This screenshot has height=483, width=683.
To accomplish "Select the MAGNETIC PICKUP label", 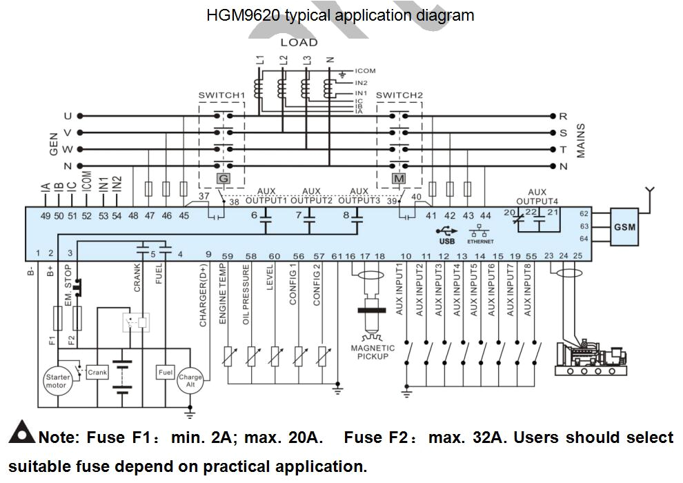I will click(x=373, y=352).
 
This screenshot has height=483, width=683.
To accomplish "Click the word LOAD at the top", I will click(x=299, y=43).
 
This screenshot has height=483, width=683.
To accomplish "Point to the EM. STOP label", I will click(x=68, y=295).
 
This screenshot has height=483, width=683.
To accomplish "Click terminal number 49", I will click(x=46, y=216).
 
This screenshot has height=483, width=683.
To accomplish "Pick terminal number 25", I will click(x=578, y=256).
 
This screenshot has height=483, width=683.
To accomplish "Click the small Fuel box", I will click(x=166, y=373).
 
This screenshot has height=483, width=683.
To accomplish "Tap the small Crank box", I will click(x=97, y=373).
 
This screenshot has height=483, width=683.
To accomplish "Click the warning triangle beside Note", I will click(x=22, y=433).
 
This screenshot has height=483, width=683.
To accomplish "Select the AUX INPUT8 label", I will click(x=527, y=290).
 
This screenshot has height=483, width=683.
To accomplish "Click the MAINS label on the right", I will click(x=580, y=141).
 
